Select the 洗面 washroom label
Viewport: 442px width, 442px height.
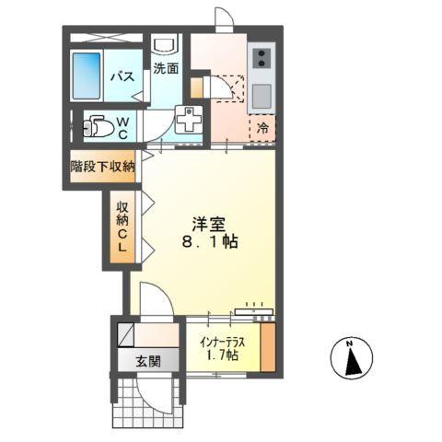coord(166,68)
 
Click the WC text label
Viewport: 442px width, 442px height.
coord(123,125)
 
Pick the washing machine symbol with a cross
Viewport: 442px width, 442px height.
coord(188,120)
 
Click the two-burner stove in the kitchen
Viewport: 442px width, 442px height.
coord(260,60)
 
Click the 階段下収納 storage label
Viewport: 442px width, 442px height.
coord(103,167)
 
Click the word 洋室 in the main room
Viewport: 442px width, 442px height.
coord(205,223)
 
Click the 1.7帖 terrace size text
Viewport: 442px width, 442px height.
coord(220,355)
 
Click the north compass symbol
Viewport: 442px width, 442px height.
coord(350,357)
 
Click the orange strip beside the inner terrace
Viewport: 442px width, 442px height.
coord(267,346)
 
